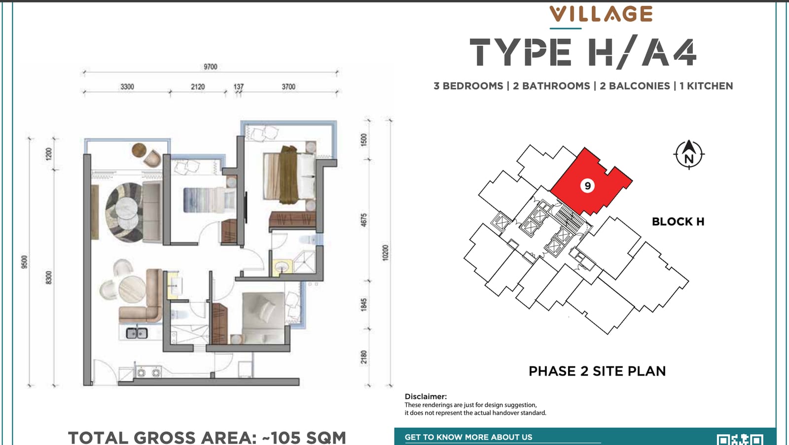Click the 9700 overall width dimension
pyautogui.click(x=210, y=67)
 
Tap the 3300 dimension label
pyautogui.click(x=127, y=87)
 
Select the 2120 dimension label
pyautogui.click(x=198, y=87)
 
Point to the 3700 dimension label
pyautogui.click(x=288, y=87)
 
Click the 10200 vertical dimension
pyautogui.click(x=385, y=253)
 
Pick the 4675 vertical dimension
pyautogui.click(x=364, y=220)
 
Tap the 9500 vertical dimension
pyautogui.click(x=24, y=262)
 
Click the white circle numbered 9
pyautogui.click(x=587, y=185)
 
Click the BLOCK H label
pyautogui.click(x=678, y=222)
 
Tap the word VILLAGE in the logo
pyautogui.click(x=601, y=14)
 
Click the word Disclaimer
pyautogui.click(x=426, y=396)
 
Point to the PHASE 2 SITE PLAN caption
pyautogui.click(x=597, y=371)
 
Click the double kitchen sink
pyautogui.click(x=137, y=333)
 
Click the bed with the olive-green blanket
pyautogui.click(x=289, y=175)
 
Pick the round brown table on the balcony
pyautogui.click(x=139, y=150)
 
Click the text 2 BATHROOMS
pyautogui.click(x=551, y=86)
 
